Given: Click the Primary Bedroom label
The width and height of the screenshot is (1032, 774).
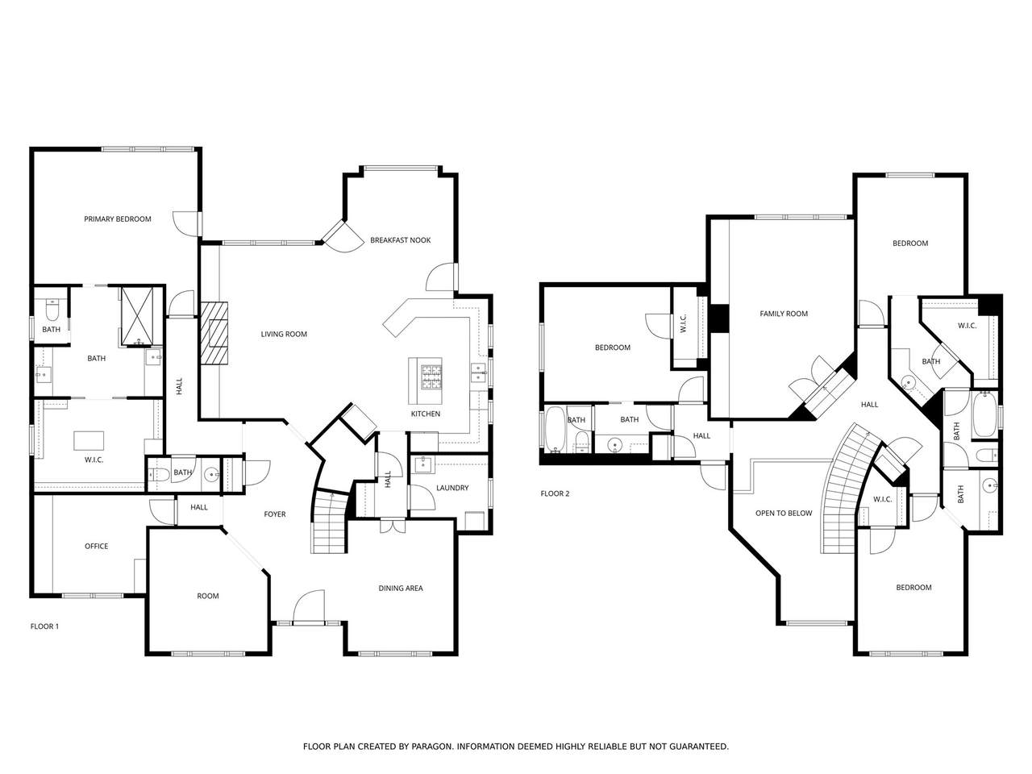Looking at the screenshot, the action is (x=118, y=219).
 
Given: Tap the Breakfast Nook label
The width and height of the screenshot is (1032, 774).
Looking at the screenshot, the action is (x=400, y=240).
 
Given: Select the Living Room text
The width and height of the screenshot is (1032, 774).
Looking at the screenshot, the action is (x=284, y=334).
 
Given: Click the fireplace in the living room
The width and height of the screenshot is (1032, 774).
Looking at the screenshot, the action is (x=214, y=333).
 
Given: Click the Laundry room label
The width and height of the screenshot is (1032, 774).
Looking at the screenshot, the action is (x=451, y=488).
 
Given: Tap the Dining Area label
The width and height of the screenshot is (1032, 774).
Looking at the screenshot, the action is (x=401, y=588).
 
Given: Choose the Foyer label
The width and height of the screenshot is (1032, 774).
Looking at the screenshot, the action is (x=275, y=514).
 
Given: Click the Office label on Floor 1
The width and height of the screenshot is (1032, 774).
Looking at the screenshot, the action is (x=97, y=546).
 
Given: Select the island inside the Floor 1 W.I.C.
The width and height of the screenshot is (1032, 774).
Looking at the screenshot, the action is (x=89, y=440).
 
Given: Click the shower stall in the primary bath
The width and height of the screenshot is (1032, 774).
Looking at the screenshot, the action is (x=137, y=316).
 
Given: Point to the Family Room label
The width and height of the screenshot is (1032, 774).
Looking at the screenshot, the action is (x=784, y=314).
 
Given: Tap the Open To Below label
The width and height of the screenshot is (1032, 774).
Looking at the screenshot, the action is (x=784, y=514).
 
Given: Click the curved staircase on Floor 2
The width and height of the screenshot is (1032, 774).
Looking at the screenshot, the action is (x=847, y=489).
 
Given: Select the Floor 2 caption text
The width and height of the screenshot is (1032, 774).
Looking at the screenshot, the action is (x=555, y=493).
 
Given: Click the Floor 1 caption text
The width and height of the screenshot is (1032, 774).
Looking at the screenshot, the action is (x=44, y=626).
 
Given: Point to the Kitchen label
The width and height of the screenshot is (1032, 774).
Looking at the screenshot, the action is (x=426, y=414).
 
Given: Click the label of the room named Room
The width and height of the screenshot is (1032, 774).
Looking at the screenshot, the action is (x=208, y=596).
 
